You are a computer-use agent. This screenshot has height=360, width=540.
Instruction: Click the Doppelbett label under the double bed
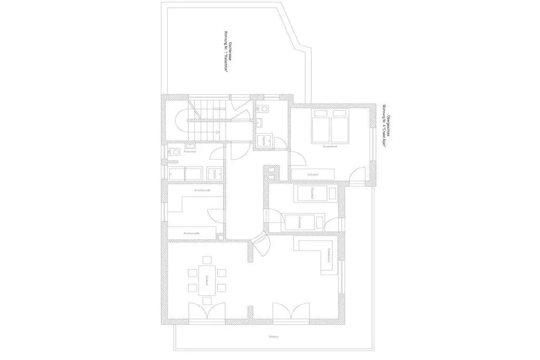click(x=330, y=147)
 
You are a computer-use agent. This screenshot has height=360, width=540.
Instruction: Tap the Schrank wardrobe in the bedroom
click(x=313, y=174)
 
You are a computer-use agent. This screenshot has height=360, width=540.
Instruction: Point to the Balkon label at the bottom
click(x=273, y=336)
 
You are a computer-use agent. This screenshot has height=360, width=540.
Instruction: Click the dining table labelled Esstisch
click(x=207, y=280)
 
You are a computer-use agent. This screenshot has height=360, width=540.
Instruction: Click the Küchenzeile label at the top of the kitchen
click(x=202, y=190)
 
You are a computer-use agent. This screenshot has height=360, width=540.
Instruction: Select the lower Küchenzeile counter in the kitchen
click(x=191, y=232)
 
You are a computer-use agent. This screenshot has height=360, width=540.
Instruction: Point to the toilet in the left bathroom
click(x=173, y=152)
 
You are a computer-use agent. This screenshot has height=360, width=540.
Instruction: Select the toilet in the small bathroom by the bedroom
click(x=263, y=109)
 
